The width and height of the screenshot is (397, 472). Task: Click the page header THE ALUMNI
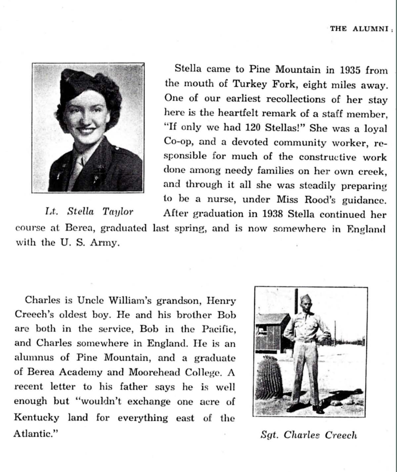pos(359,29)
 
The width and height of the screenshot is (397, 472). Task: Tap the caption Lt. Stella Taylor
pos(89,212)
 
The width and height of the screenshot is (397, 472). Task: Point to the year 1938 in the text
pos(272,214)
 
